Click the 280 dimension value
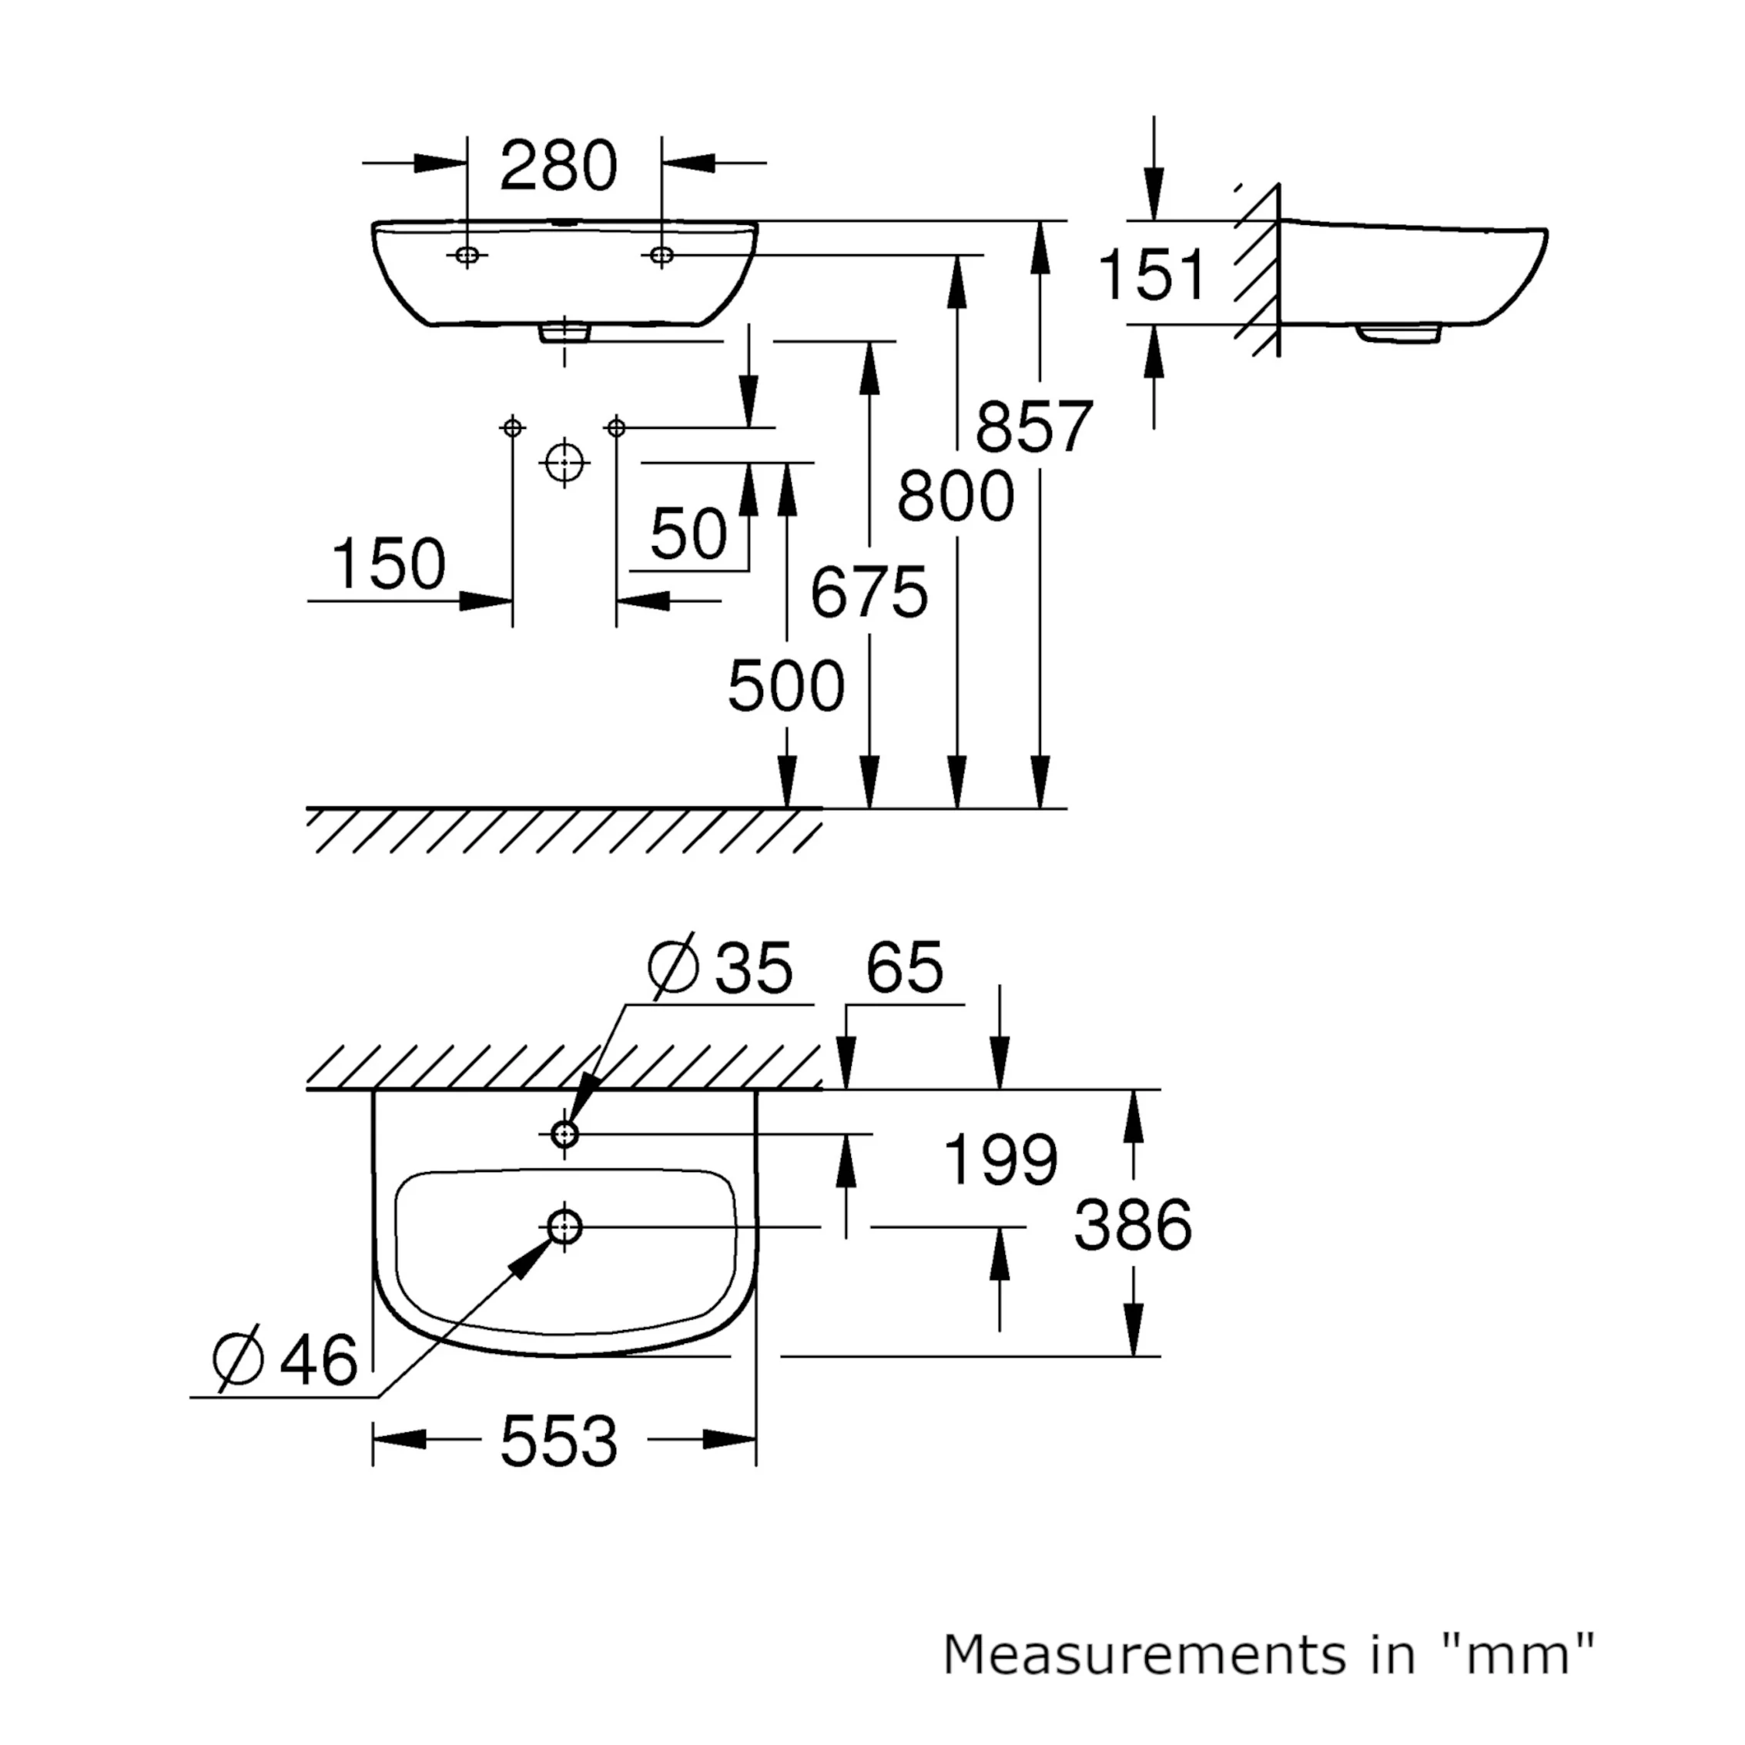pyautogui.click(x=558, y=166)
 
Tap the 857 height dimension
pyautogui.click(x=1034, y=427)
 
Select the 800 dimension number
pyautogui.click(x=956, y=497)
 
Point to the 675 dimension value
pyautogui.click(x=869, y=594)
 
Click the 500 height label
pyautogui.click(x=785, y=686)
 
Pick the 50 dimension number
pyautogui.click(x=688, y=534)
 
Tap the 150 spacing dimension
pyautogui.click(x=388, y=564)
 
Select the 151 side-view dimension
pyautogui.click(x=1151, y=275)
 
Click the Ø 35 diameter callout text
pyautogui.click(x=721, y=967)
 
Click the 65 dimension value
pyautogui.click(x=904, y=967)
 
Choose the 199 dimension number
pyautogui.click(x=1000, y=1160)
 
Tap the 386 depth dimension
pyautogui.click(x=1133, y=1226)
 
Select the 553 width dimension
pyautogui.click(x=558, y=1441)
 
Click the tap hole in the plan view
pyautogui.click(x=564, y=1134)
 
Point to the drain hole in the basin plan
pyautogui.click(x=564, y=1227)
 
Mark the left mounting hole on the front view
pyautogui.click(x=467, y=256)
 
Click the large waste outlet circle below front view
pyautogui.click(x=564, y=464)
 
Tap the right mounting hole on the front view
pyautogui.click(x=661, y=256)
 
